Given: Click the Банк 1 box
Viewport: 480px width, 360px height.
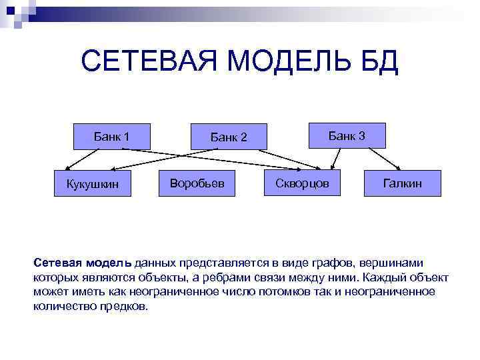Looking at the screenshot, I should (x=112, y=137).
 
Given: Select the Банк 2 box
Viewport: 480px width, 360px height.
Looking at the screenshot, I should (x=229, y=137).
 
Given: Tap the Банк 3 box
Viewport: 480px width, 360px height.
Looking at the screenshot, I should (x=347, y=136).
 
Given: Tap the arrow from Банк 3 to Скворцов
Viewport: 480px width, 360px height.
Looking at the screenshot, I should (x=338, y=159).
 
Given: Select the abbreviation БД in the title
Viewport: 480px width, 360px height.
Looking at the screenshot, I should (x=381, y=62).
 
